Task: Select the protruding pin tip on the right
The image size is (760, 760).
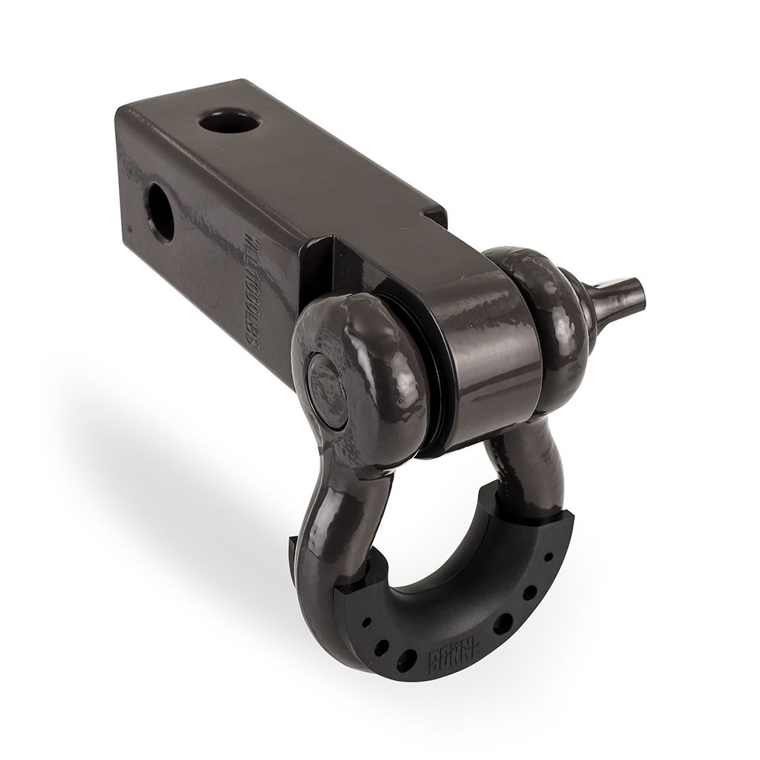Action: tap(624, 288)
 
